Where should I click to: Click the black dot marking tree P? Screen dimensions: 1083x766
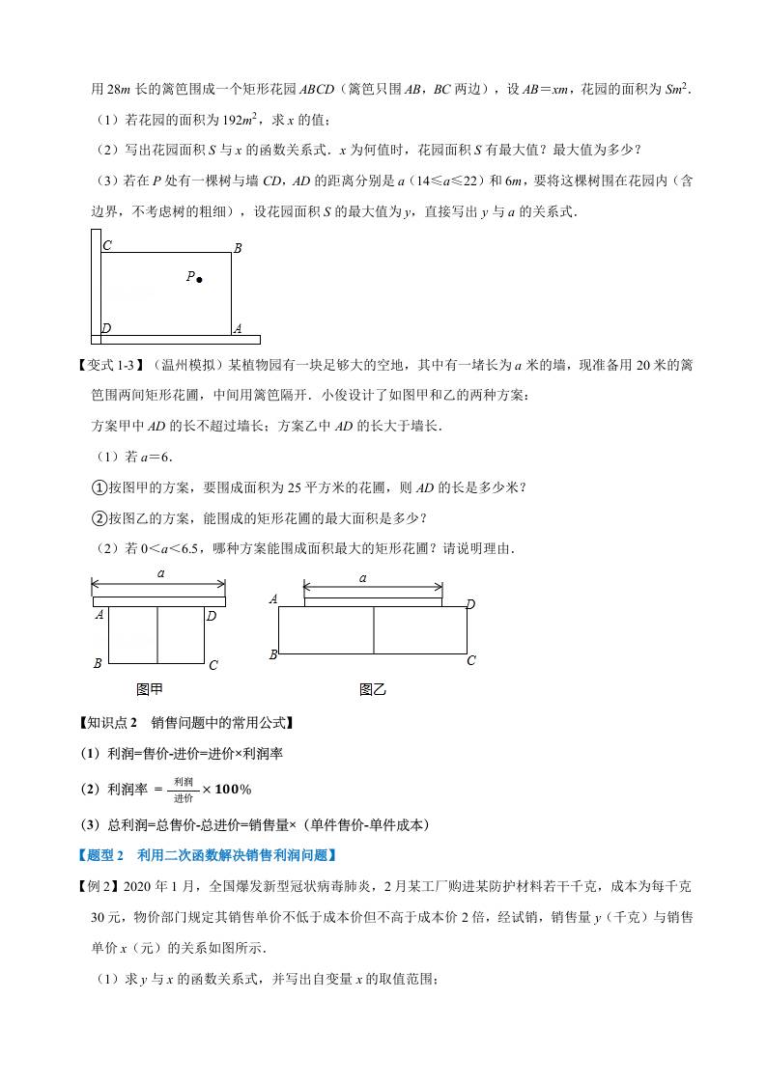(x=199, y=280)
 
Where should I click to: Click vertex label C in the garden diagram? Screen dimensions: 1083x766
(x=106, y=246)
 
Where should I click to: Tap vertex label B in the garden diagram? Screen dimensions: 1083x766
(x=238, y=248)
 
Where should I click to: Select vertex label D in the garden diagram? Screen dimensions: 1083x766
(x=106, y=328)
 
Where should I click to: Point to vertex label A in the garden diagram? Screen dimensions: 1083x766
(x=238, y=328)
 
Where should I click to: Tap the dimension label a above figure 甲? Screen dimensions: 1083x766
(x=159, y=574)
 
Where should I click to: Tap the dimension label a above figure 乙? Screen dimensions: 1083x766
(x=363, y=578)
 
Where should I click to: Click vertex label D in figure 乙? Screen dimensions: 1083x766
(x=470, y=604)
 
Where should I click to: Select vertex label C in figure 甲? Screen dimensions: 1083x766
(x=213, y=664)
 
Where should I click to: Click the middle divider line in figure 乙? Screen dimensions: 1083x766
(x=374, y=629)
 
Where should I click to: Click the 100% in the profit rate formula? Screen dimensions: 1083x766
(x=232, y=790)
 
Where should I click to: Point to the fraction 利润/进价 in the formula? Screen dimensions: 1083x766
(x=184, y=790)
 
